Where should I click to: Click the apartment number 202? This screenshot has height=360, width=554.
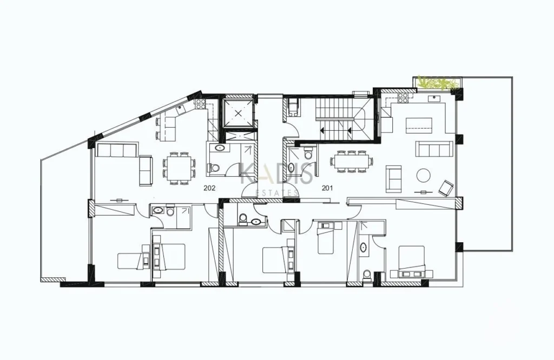pyautogui.click(x=209, y=188)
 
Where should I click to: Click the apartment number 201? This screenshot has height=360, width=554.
pyautogui.click(x=327, y=188)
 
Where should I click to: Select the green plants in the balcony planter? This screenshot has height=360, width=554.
pyautogui.click(x=438, y=83)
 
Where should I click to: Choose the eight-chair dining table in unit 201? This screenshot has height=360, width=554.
pyautogui.click(x=352, y=161)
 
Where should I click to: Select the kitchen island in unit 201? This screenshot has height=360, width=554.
pyautogui.click(x=419, y=125)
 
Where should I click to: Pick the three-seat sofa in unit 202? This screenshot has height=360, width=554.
pyautogui.click(x=117, y=150)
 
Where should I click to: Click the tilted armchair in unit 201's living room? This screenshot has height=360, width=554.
pyautogui.click(x=446, y=188)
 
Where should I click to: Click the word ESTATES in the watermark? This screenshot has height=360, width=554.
pyautogui.click(x=276, y=193)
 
